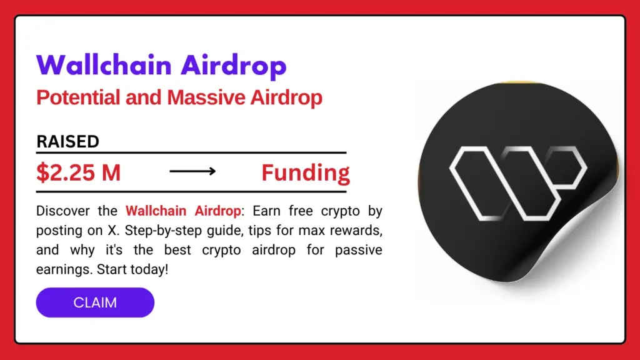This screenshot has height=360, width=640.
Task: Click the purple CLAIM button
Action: pyautogui.click(x=95, y=302)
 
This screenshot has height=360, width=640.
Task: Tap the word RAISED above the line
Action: pyautogui.click(x=67, y=141)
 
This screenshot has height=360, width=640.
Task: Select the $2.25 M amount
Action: pyautogui.click(x=78, y=172)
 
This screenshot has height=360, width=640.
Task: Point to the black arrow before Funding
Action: pyautogui.click(x=192, y=171)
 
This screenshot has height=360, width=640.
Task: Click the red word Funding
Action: pyautogui.click(x=305, y=172)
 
